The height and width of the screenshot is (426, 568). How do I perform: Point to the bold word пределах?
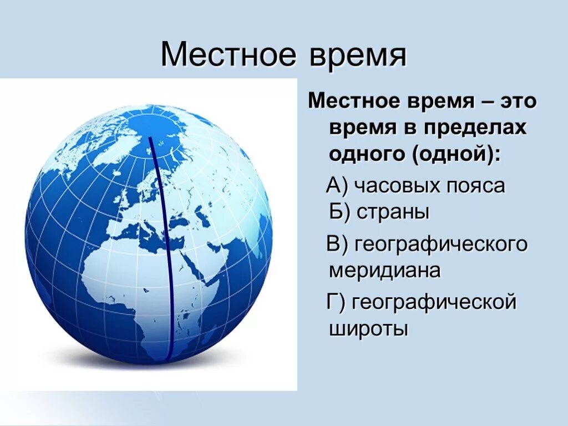pos(475,128)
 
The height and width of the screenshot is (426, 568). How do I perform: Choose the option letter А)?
pos(337,186)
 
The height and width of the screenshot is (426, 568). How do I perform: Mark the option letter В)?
pos(337,245)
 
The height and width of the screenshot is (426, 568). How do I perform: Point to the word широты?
pos(369,329)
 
